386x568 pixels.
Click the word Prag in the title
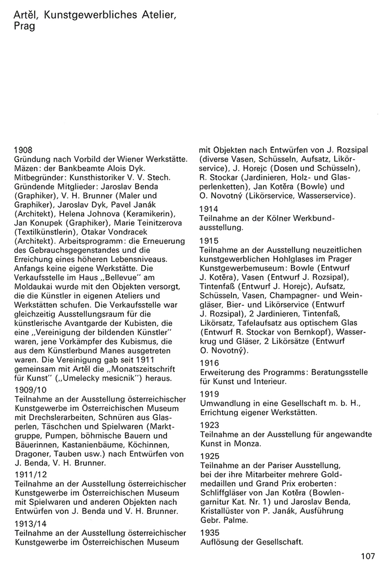(x=25, y=26)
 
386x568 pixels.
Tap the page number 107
(x=368, y=556)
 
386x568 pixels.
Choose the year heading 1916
(x=209, y=363)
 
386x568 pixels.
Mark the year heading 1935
(x=209, y=533)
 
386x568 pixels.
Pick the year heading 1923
(x=209, y=425)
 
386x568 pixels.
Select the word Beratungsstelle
(x=339, y=372)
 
